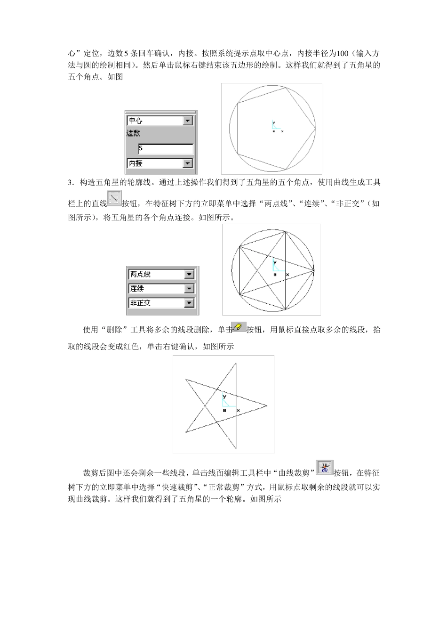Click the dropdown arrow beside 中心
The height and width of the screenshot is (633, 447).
click(x=188, y=121)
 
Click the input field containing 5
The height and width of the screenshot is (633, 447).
click(x=166, y=149)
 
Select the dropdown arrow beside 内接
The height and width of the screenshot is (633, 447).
click(x=188, y=163)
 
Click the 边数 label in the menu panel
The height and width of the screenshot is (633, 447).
click(x=134, y=134)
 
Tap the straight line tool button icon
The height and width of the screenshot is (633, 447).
click(x=114, y=198)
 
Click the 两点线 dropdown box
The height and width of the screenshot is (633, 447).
click(x=161, y=274)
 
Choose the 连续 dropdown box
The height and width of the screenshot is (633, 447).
click(x=161, y=288)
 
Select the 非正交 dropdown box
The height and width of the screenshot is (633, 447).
click(x=161, y=303)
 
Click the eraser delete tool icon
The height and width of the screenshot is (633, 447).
click(x=239, y=327)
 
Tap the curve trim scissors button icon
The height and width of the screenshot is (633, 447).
click(x=324, y=468)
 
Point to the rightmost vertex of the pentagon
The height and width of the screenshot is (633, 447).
click(x=315, y=128)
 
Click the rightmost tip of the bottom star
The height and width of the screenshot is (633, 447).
click(x=267, y=406)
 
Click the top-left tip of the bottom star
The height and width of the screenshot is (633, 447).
click(x=186, y=379)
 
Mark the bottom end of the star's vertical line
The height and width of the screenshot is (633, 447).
click(x=236, y=449)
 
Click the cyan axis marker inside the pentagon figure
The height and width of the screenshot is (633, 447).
click(x=275, y=125)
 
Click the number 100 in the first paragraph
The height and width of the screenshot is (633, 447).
click(x=342, y=53)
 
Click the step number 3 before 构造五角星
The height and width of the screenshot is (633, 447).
click(x=70, y=182)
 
